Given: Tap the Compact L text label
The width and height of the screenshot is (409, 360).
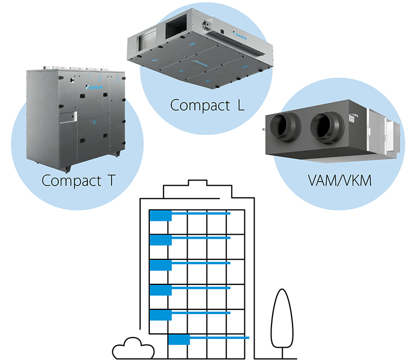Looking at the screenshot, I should (x=207, y=105).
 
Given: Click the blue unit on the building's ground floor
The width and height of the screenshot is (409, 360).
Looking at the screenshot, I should (x=179, y=340).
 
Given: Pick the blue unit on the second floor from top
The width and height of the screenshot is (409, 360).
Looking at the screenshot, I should (x=160, y=240).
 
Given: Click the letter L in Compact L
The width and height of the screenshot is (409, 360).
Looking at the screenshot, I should (x=240, y=105).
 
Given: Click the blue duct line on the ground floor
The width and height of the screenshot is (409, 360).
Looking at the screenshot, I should (x=220, y=338).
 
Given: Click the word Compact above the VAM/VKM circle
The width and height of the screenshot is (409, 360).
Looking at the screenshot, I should (x=191, y=105).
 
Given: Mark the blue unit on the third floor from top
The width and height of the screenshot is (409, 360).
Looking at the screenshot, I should (x=160, y=265).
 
